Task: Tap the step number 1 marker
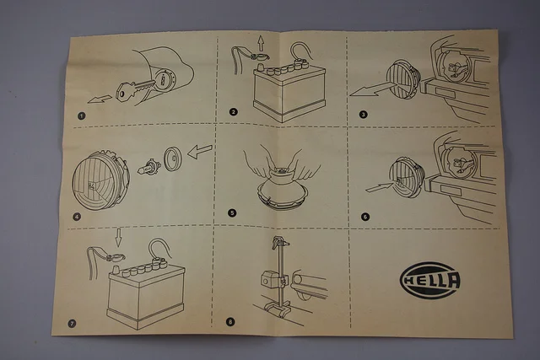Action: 81,116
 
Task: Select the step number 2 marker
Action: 233,112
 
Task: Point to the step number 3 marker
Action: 363,115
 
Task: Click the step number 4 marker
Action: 77,217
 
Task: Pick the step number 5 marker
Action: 232,212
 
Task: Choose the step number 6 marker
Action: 365,217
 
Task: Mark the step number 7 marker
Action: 72,323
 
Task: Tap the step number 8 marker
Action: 230,322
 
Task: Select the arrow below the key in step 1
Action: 100,99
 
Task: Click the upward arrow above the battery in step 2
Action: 261,45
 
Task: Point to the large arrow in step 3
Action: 371,89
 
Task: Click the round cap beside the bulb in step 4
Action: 172,159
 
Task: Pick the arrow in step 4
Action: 200,152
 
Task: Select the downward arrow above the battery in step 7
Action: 118,238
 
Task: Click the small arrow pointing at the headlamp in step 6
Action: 379,188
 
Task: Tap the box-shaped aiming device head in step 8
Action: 269,278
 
